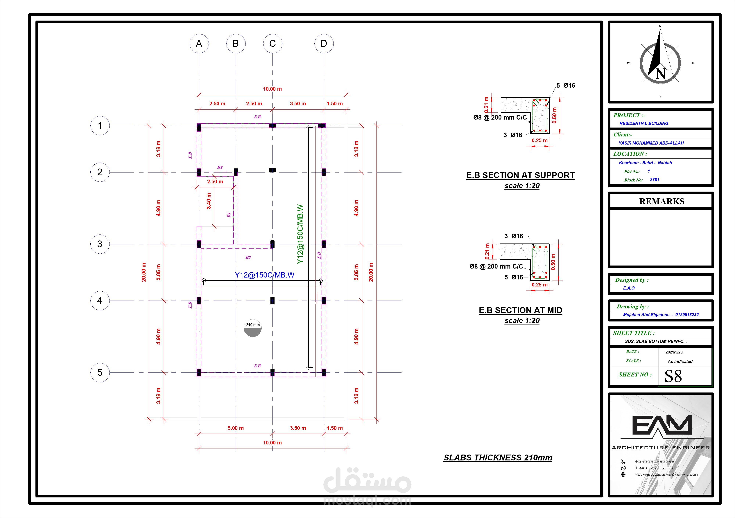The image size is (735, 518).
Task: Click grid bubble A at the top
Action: (199, 43)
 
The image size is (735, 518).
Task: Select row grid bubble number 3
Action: (100, 244)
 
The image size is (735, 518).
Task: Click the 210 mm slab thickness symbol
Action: (253, 328)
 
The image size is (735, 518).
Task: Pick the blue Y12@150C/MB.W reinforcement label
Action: (264, 275)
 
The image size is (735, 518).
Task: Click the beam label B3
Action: (220, 167)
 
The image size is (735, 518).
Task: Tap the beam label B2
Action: (248, 257)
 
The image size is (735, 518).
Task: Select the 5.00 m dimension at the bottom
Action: (236, 428)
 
